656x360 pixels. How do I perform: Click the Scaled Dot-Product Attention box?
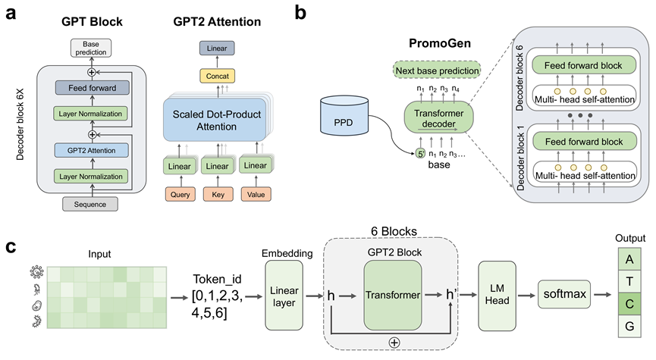(212, 120)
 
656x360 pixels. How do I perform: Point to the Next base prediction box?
(438, 71)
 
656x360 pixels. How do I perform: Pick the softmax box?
(563, 294)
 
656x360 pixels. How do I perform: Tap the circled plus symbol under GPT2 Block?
(394, 342)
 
